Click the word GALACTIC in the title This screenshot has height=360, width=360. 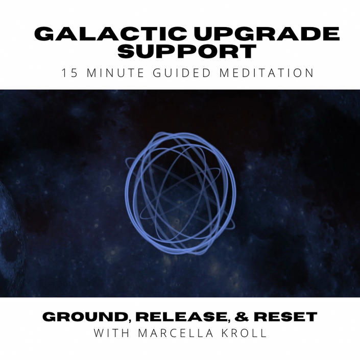(110, 34)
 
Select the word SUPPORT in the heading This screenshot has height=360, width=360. (187, 51)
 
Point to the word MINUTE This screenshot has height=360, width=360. (115, 73)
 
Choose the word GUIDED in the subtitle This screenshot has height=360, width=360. (182, 73)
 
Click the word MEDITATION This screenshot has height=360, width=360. (267, 73)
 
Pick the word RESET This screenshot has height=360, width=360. (285, 317)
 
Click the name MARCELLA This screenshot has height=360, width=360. (176, 333)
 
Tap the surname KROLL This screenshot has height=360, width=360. (244, 333)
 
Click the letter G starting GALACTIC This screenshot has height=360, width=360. (44, 34)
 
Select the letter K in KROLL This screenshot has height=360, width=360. (226, 333)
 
